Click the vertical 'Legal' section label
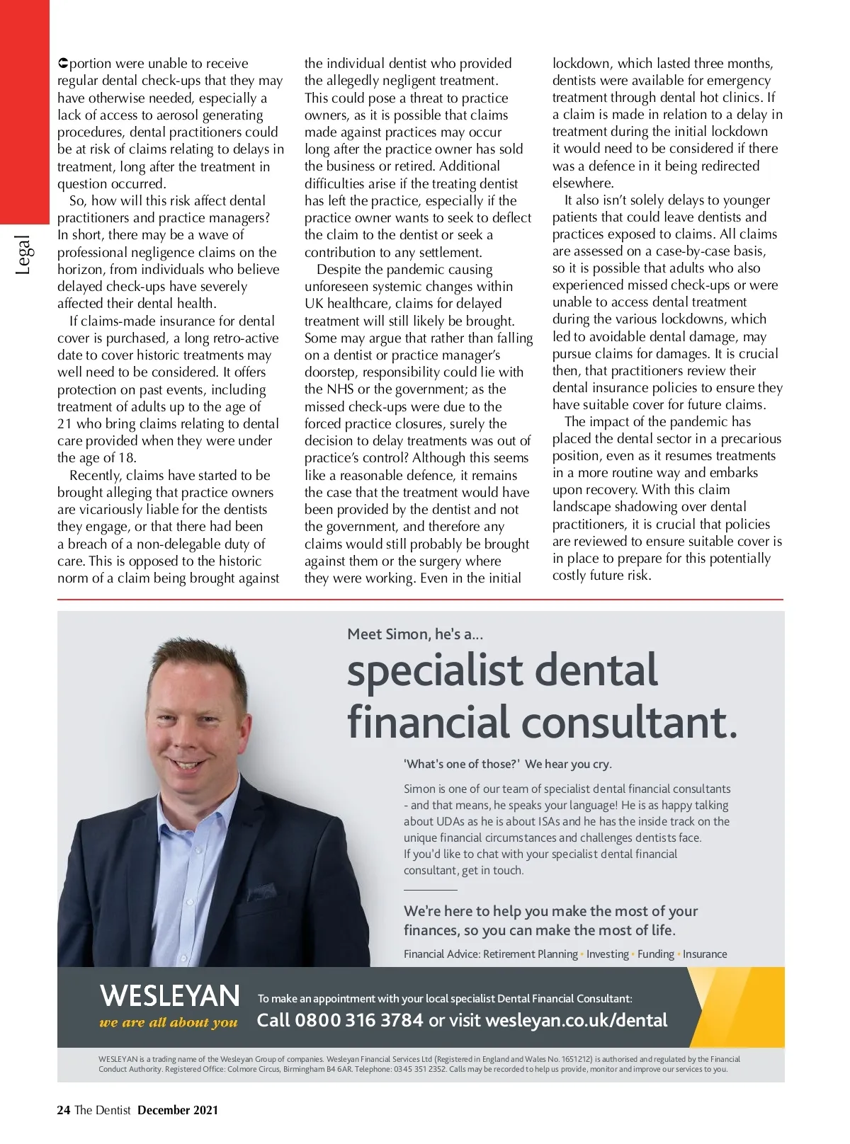[23, 255]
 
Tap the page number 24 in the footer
[63, 1110]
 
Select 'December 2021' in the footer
[178, 1110]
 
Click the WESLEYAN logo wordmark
[170, 995]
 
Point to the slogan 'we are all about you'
[169, 1022]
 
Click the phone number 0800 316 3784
[358, 1020]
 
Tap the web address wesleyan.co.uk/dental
[576, 1020]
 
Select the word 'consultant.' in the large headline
[630, 722]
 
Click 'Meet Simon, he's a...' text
[415, 634]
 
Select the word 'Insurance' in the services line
[705, 954]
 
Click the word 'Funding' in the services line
[656, 954]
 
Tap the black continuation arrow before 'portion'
[62, 64]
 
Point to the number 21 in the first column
[65, 424]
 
